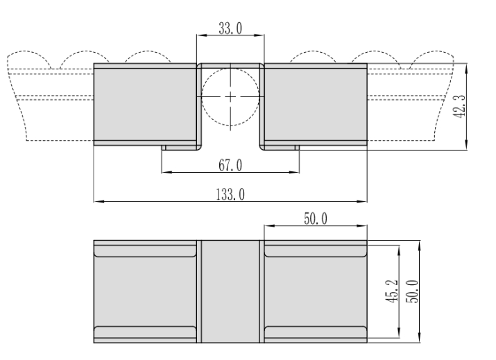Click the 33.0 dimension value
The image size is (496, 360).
230,28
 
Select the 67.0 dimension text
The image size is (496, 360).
230,165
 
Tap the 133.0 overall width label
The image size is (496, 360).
230,194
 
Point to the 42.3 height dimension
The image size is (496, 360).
459,107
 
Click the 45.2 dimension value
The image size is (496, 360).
393,291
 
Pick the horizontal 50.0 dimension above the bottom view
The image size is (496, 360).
316,218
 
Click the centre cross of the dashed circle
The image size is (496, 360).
230,96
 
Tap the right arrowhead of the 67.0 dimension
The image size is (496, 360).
294,172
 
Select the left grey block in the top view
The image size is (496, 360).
145,105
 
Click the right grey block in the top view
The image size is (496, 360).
316,105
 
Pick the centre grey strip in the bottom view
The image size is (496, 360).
230,291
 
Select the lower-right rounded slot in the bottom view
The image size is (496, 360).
316,332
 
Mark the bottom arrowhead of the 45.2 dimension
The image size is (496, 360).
399,333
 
